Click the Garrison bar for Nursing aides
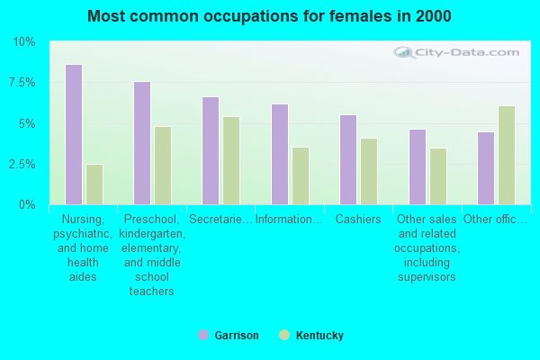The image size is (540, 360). pyautogui.click(x=74, y=135)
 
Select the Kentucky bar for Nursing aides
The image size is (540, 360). pyautogui.click(x=94, y=184)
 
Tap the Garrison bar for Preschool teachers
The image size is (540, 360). pyautogui.click(x=142, y=143)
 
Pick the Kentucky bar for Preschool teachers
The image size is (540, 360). pyautogui.click(x=163, y=166)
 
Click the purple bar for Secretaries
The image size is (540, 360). pyautogui.click(x=211, y=151)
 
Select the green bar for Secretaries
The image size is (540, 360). pyautogui.click(x=231, y=160)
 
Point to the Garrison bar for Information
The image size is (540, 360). pyautogui.click(x=280, y=155)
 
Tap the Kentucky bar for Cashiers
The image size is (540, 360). pyautogui.click(x=369, y=171)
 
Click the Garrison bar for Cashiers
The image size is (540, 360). pyautogui.click(x=348, y=160)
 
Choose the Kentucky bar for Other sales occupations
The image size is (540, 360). pyautogui.click(x=438, y=176)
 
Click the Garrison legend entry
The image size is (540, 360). pyautogui.click(x=229, y=336)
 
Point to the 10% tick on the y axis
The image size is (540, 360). pyautogui.click(x=23, y=42)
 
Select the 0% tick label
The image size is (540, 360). pyautogui.click(x=27, y=205)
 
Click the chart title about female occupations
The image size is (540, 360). pyautogui.click(x=270, y=16)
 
